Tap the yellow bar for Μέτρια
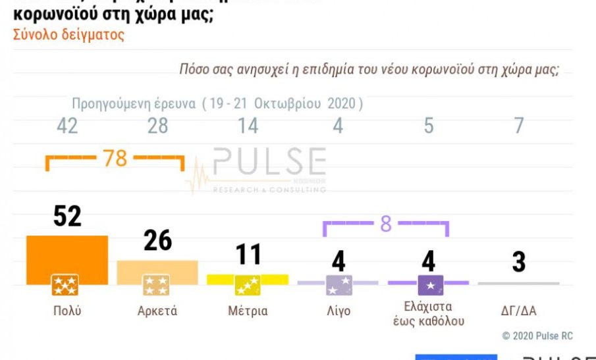(248, 279)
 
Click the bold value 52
(67, 215)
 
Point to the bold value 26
(157, 241)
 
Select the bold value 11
(248, 255)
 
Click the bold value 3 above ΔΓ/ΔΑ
(519, 262)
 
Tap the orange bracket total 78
(115, 158)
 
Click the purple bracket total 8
(385, 224)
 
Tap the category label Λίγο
(338, 311)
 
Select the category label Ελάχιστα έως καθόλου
(428, 314)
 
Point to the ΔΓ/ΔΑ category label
(519, 311)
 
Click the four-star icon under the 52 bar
(65, 285)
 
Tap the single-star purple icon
(430, 285)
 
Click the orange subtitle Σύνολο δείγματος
(68, 35)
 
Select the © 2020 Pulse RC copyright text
(537, 336)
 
